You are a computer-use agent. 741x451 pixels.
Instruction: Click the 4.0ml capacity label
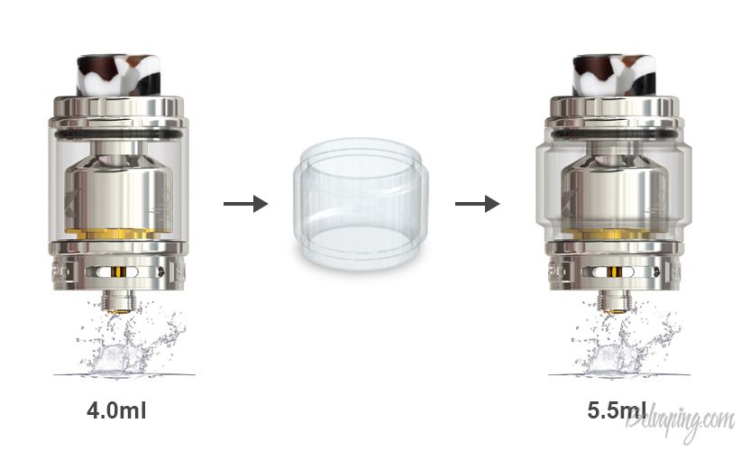click(116, 410)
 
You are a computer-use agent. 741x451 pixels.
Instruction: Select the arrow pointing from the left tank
click(246, 204)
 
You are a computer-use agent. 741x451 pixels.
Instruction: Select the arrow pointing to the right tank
click(477, 204)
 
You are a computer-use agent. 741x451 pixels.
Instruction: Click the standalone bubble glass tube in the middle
click(361, 203)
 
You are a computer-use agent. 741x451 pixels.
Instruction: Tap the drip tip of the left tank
click(119, 76)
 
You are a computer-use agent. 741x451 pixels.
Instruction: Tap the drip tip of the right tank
click(615, 76)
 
